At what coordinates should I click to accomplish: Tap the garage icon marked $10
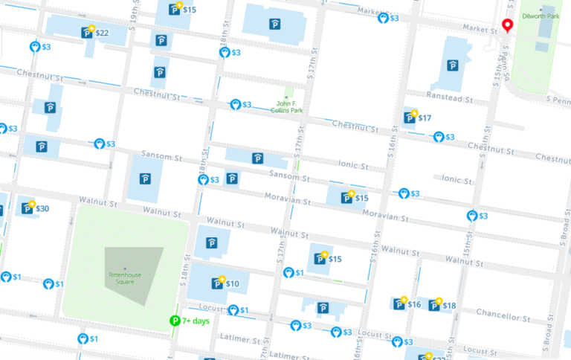coord(218,283)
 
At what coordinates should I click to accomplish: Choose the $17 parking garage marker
coord(409,118)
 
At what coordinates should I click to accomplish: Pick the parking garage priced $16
coord(399,304)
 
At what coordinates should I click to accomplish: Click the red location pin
coord(509,27)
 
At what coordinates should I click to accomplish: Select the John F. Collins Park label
coord(291,107)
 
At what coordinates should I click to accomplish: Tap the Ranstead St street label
coord(449,98)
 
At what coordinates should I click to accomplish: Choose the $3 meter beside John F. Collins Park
coord(236,106)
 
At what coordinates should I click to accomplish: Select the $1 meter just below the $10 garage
coord(233,310)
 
